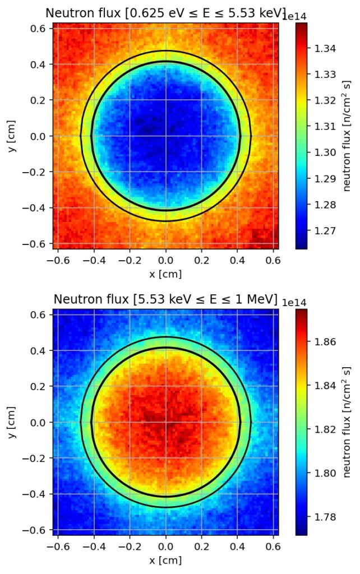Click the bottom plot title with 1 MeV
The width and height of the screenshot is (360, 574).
click(165, 300)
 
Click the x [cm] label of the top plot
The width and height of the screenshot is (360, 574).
click(165, 274)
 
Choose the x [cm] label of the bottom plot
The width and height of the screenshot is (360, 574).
click(165, 559)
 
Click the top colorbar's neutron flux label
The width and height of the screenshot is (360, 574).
click(347, 136)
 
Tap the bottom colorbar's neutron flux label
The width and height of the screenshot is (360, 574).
click(347, 422)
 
